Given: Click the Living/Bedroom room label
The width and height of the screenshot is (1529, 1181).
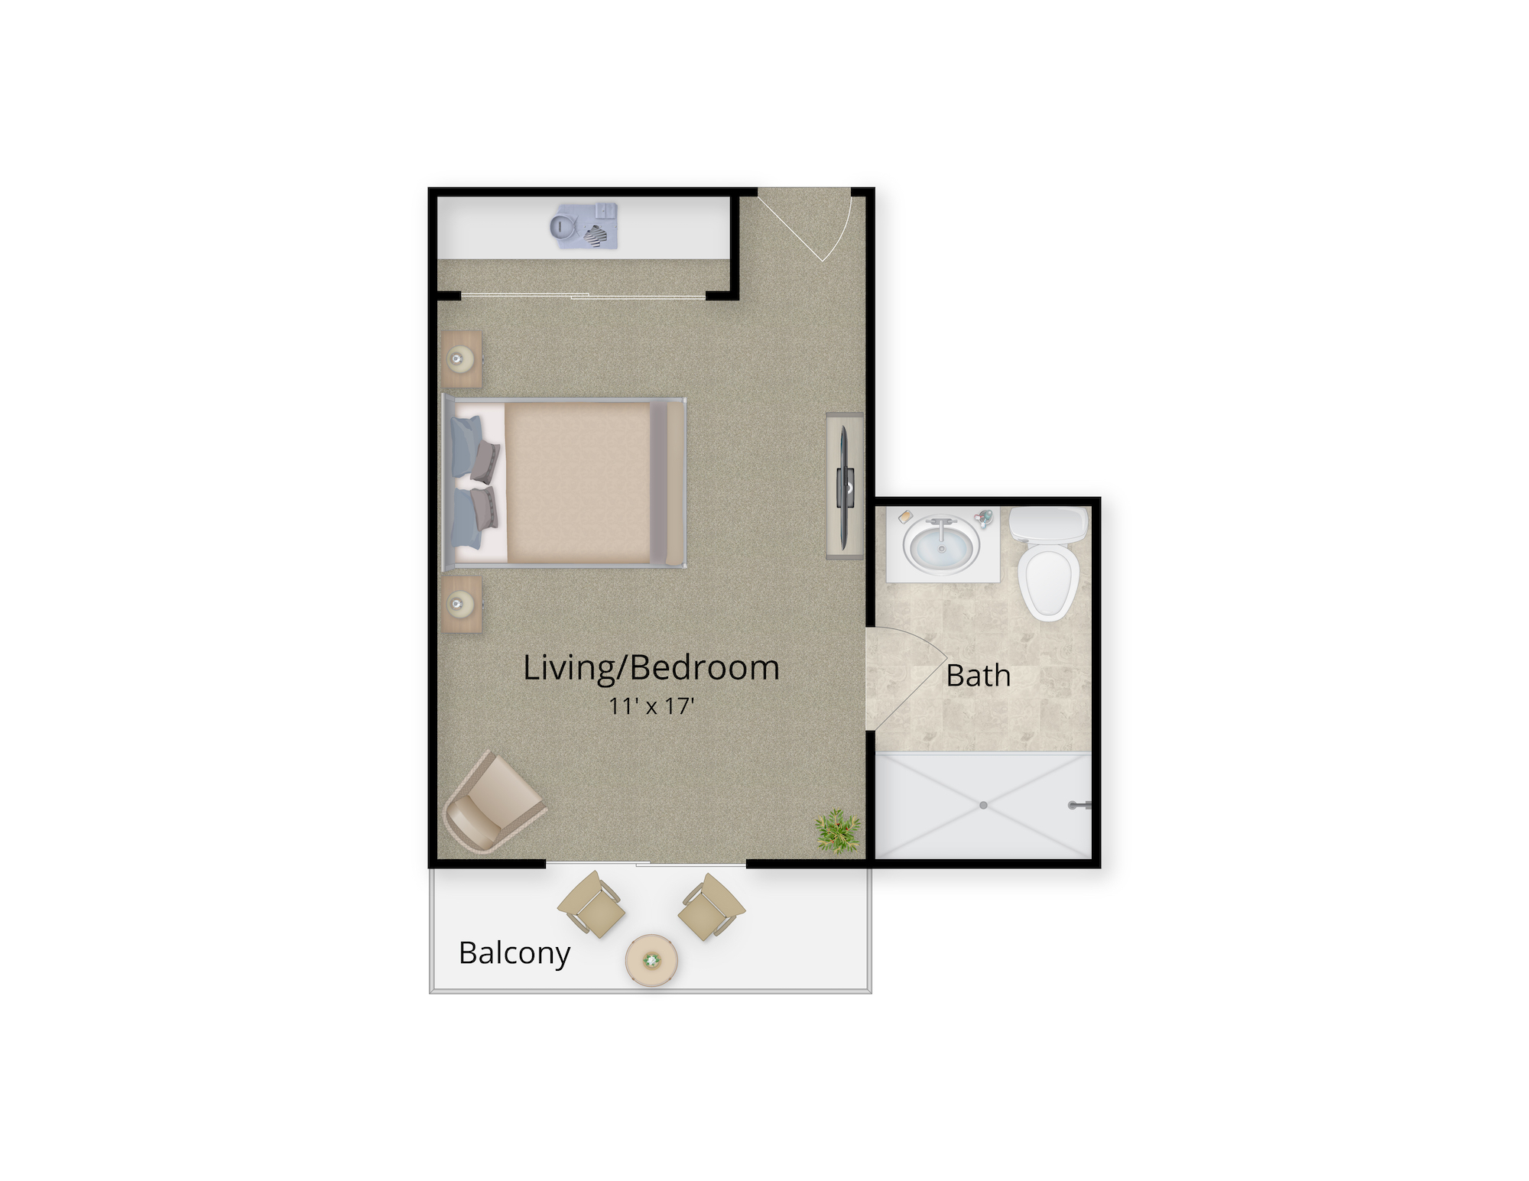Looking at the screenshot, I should click(651, 667).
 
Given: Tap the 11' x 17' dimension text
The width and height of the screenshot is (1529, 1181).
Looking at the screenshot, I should click(651, 706).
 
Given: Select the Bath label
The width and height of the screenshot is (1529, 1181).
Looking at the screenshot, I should click(978, 676).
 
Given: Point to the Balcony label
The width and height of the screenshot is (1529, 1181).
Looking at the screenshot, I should click(514, 953).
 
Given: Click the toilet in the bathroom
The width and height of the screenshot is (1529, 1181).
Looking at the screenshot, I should click(1048, 566).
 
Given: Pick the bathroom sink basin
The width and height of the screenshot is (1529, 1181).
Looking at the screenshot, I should click(941, 546).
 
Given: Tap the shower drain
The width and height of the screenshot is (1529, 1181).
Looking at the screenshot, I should click(983, 806).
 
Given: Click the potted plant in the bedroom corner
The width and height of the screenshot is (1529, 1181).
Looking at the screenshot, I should click(837, 831).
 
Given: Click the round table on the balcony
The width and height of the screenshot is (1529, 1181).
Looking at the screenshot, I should click(651, 960).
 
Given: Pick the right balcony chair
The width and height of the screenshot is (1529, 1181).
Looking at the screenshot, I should click(710, 907).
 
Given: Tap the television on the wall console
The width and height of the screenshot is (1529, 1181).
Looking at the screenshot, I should click(845, 487).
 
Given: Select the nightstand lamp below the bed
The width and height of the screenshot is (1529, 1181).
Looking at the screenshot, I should click(460, 605).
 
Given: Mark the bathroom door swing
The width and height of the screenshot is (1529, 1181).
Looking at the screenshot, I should click(906, 676).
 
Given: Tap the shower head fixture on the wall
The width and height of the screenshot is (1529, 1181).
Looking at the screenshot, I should click(1080, 804).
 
